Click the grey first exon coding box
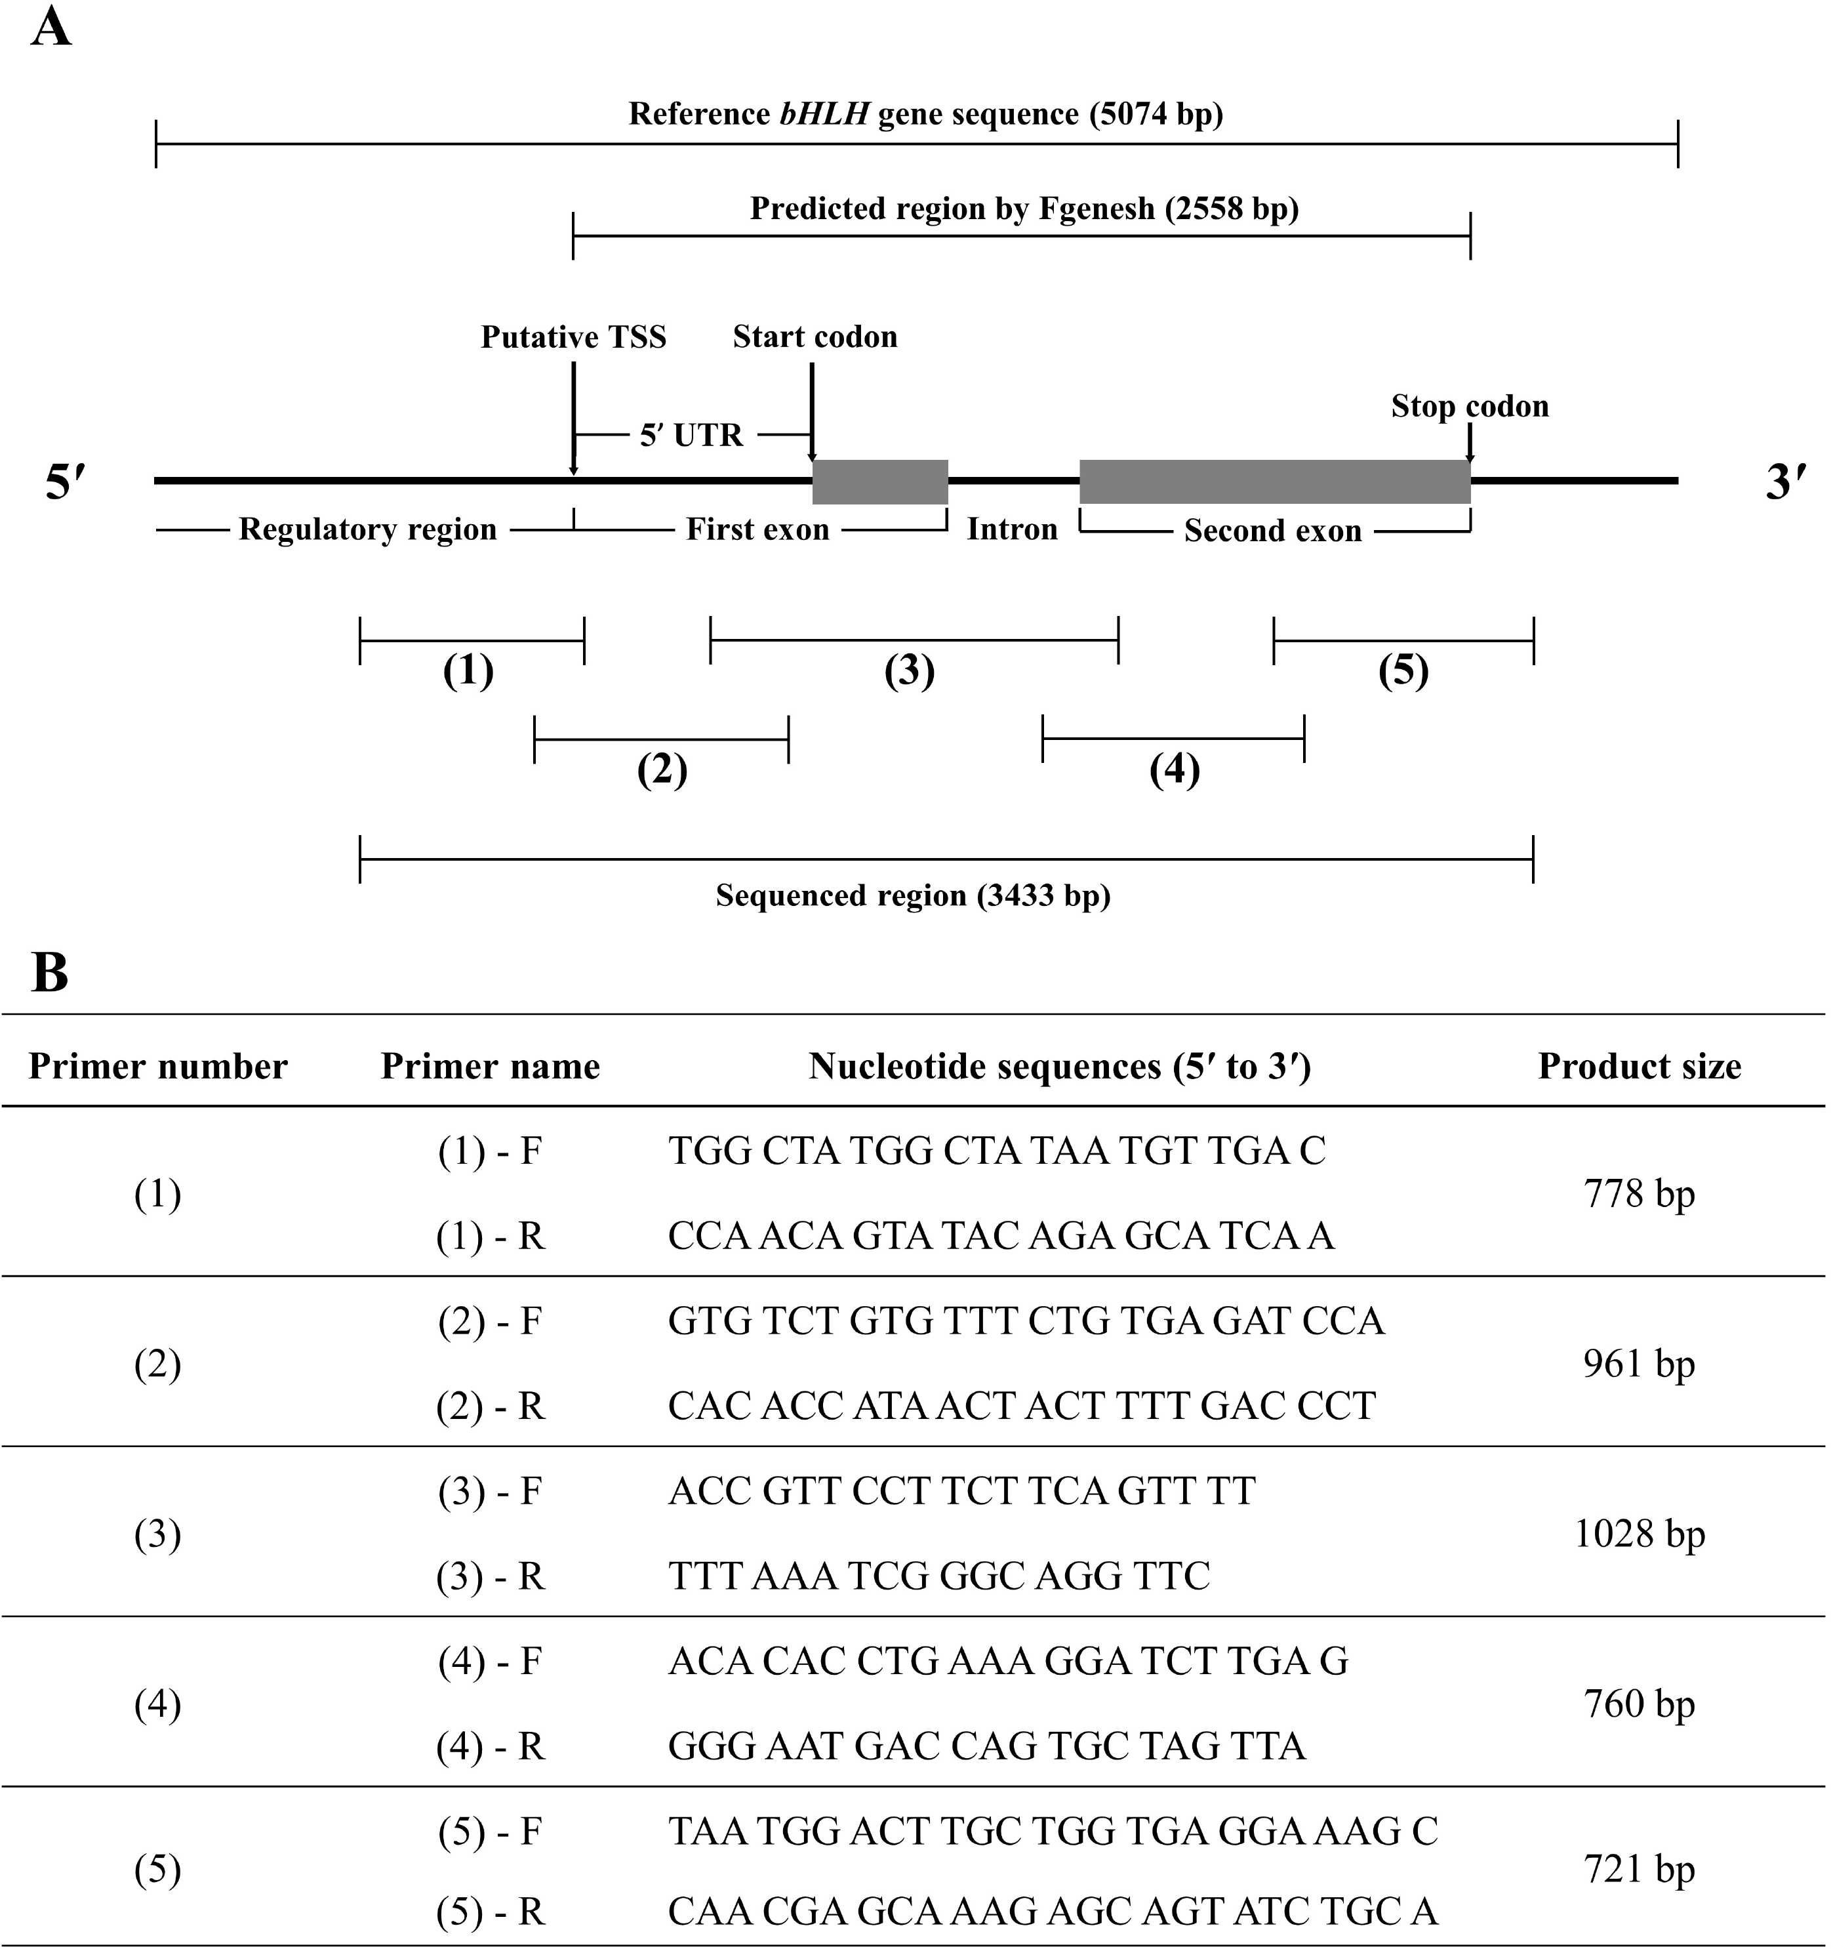(x=880, y=482)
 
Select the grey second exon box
(x=1276, y=482)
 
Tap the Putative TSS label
(x=573, y=337)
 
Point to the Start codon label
(x=815, y=337)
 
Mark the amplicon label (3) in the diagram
(x=910, y=672)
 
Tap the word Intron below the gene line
(x=1013, y=529)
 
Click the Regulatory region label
(x=367, y=529)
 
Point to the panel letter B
(x=50, y=973)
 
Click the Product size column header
(x=1639, y=1067)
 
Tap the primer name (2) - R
(x=490, y=1407)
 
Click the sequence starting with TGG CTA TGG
(x=997, y=1151)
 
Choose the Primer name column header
(x=490, y=1067)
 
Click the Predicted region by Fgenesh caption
(x=1024, y=209)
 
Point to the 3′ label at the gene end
(x=1785, y=483)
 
